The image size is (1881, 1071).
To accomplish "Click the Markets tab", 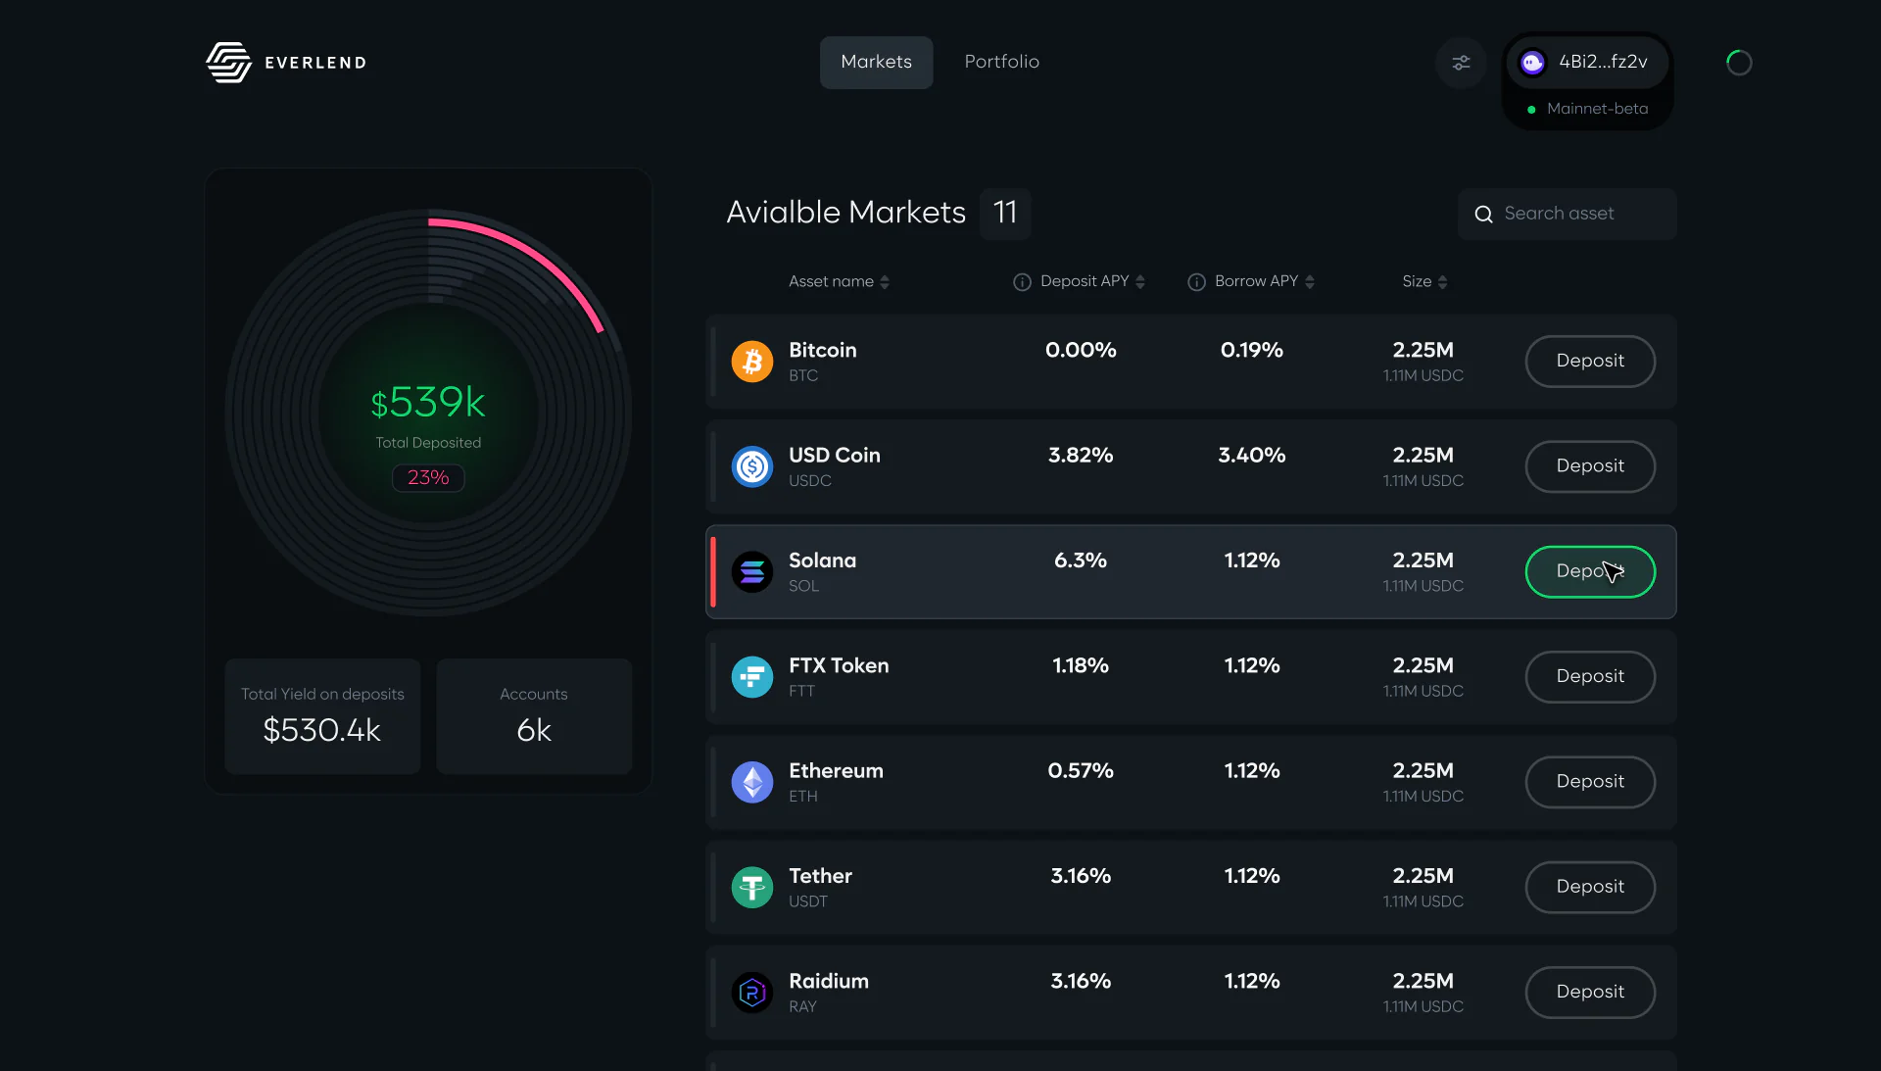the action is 876,62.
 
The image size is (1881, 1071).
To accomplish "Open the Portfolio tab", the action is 1001,62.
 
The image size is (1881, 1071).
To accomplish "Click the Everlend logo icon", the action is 228,62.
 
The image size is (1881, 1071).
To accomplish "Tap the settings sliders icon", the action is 1461,63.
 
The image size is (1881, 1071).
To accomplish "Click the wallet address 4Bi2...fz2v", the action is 1603,62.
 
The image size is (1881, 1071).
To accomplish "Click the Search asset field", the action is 1567,214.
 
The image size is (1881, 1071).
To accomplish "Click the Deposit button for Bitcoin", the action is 1590,362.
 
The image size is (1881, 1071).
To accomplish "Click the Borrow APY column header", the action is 1256,281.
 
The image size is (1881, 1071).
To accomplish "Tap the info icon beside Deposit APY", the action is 1022,282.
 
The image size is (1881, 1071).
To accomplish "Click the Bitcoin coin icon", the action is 752,362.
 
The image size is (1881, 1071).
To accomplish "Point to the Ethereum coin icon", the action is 752,782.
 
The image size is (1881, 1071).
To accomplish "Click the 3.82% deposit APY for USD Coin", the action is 1081,456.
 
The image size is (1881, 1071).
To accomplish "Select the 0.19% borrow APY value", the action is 1252,350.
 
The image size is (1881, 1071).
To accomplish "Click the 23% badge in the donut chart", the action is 428,478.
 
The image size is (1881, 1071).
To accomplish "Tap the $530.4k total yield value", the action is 321,730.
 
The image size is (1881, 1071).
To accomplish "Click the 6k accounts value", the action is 534,730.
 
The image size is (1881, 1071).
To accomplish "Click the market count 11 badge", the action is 1005,214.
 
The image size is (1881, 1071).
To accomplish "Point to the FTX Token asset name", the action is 839,665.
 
